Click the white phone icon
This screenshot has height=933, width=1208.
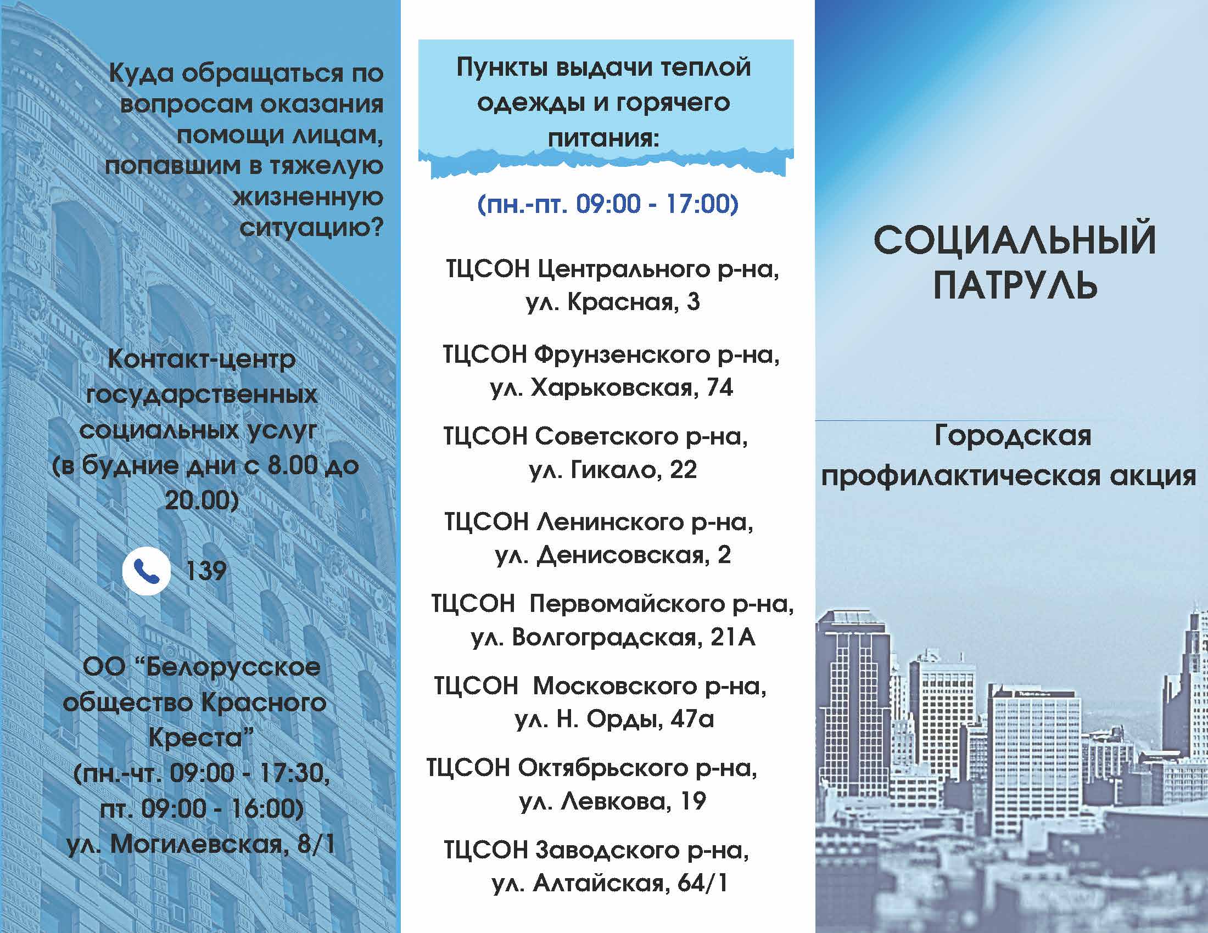tap(146, 571)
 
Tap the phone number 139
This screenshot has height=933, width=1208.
tap(206, 571)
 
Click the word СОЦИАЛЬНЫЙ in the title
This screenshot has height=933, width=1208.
tap(1015, 240)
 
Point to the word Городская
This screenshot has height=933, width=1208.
tap(1013, 437)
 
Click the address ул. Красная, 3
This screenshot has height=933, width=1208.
tap(613, 302)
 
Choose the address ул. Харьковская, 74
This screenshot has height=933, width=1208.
tap(611, 387)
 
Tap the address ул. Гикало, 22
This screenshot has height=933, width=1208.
tap(613, 470)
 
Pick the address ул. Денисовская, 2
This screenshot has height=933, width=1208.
tap(613, 555)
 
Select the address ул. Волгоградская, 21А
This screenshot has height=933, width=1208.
tap(613, 637)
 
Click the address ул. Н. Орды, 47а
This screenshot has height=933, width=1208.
tap(614, 719)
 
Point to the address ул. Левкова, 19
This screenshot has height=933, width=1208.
tap(613, 801)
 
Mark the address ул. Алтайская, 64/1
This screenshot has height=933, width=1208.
tap(609, 883)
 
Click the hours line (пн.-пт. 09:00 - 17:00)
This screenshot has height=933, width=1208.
tap(607, 204)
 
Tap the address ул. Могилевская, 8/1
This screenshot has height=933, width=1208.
tap(201, 844)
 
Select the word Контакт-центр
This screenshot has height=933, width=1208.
tap(202, 360)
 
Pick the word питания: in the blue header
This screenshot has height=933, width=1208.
tap(603, 138)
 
